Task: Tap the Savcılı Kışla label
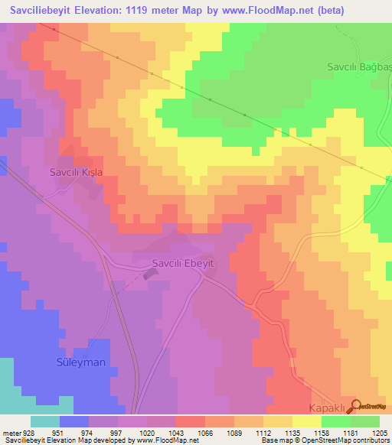(76, 172)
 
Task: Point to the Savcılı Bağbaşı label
(359, 67)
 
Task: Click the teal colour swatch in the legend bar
(44, 421)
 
